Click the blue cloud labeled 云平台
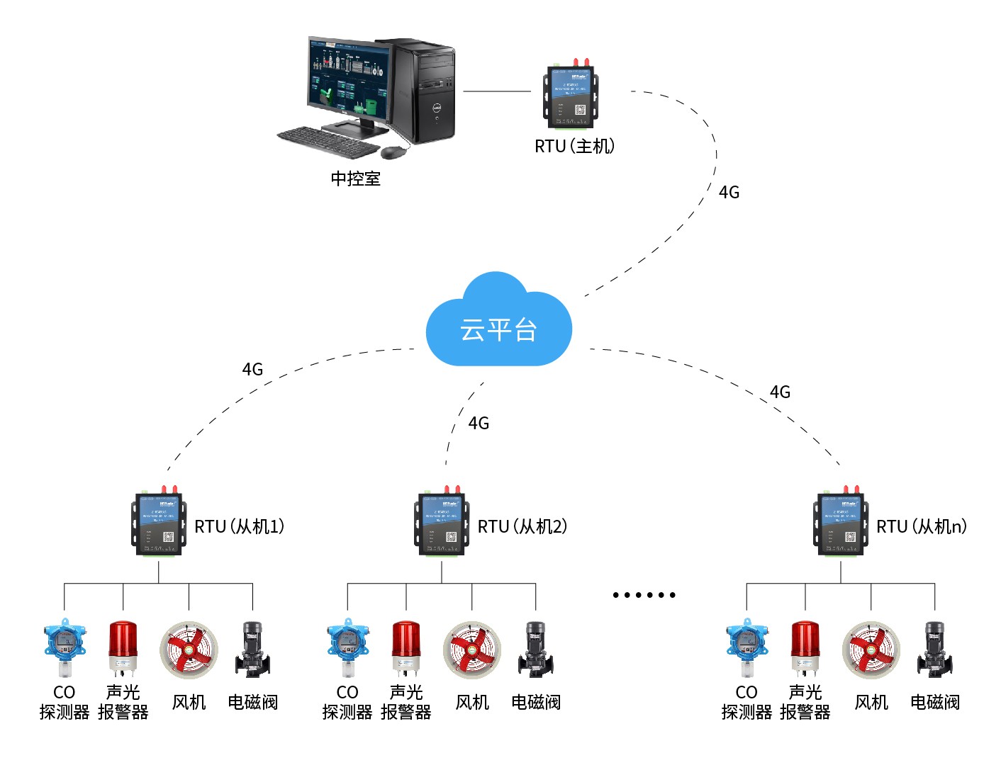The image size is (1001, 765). pos(498,327)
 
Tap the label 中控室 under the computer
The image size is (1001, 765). pos(355,178)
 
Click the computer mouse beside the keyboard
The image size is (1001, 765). pos(394,152)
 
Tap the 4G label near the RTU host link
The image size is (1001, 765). pos(729,192)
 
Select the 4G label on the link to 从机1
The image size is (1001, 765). pos(252,369)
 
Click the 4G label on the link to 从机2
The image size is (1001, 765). pos(479,423)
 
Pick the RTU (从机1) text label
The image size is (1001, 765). pos(240,526)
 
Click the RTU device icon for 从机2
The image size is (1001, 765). pos(442,523)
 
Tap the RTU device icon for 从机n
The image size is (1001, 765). pos(840,523)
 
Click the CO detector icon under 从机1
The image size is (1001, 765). pos(65,647)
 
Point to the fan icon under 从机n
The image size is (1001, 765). pos(871,650)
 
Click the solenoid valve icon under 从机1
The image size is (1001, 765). pos(252,650)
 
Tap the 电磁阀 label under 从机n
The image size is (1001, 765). pos(935,702)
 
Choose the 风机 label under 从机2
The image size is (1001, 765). pos(472,702)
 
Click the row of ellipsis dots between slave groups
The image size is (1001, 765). pos(644,595)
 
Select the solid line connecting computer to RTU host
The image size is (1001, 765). pos(496,91)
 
